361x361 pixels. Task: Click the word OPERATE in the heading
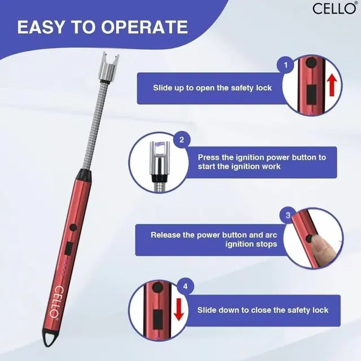(x=144, y=27)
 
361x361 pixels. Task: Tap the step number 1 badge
(x=285, y=65)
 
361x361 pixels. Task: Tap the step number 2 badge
(x=182, y=140)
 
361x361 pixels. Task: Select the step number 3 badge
(x=288, y=215)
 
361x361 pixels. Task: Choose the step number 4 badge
(x=186, y=287)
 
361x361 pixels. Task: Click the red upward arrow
(x=332, y=86)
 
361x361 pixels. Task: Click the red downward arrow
(x=179, y=310)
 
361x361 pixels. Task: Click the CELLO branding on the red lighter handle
(x=56, y=302)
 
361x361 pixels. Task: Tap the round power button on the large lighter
(x=73, y=227)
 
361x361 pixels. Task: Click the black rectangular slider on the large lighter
(x=68, y=248)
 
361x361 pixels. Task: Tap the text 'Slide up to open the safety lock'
(x=213, y=88)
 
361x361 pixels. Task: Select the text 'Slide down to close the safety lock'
(x=263, y=310)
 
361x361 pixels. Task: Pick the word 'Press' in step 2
(x=209, y=157)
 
